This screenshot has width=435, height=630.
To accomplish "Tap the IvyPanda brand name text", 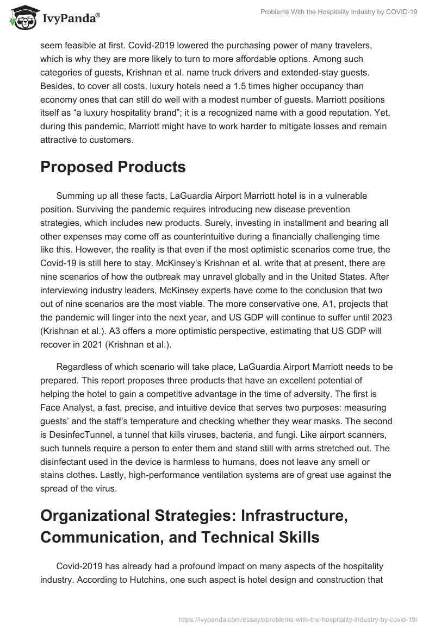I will [70, 19].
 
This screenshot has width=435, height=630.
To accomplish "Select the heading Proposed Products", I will [113, 167].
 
